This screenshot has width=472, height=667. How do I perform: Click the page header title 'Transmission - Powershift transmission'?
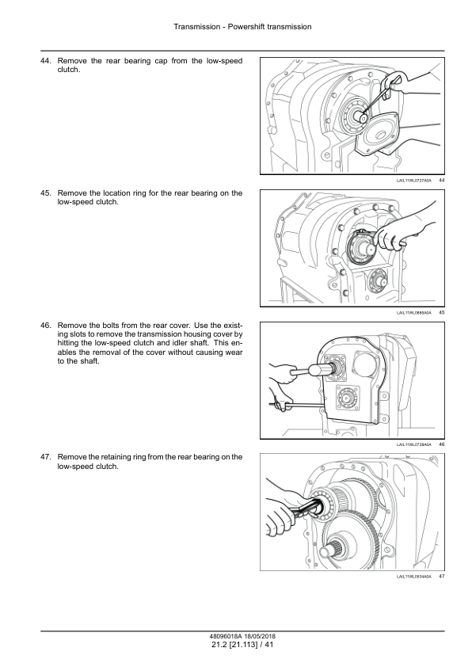[242, 27]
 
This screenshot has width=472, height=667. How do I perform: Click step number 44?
[46, 61]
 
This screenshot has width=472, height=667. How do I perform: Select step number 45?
[46, 193]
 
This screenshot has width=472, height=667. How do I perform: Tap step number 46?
[46, 326]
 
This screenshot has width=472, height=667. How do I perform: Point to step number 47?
[46, 457]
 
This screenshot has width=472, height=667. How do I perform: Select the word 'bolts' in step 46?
[108, 326]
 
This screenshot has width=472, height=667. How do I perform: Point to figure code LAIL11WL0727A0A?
[413, 181]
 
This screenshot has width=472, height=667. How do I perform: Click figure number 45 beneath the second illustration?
[441, 313]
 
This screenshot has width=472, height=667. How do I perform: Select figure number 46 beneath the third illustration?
[441, 444]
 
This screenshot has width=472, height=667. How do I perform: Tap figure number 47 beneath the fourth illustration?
[441, 577]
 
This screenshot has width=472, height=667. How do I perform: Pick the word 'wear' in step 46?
[234, 353]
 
